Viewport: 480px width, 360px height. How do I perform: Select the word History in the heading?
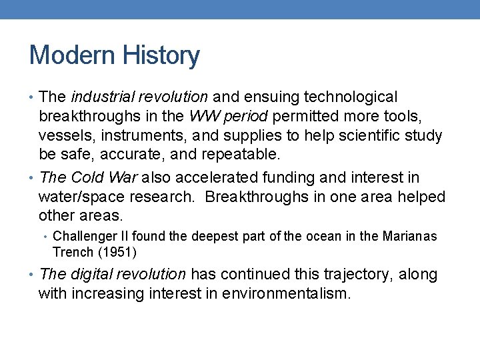pos(162,55)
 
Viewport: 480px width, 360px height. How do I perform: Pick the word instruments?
pos(135,136)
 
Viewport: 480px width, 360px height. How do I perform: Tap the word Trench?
pos(72,252)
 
